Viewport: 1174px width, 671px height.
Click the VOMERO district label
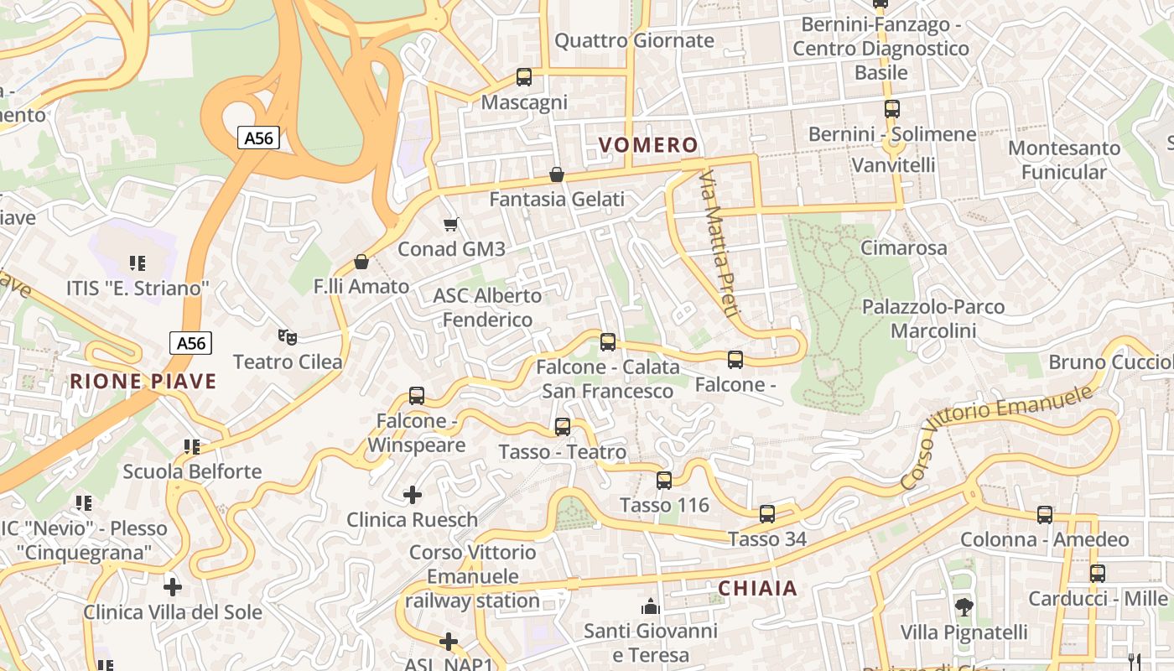coord(649,145)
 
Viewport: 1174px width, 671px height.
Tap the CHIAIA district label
coord(758,589)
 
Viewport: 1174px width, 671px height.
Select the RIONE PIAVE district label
coord(143,382)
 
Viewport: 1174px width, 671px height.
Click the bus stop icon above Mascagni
coord(524,77)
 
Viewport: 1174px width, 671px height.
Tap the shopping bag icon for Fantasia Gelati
coord(556,174)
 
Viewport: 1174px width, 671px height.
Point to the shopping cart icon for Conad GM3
coord(451,224)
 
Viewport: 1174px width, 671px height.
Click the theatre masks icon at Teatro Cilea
coord(288,337)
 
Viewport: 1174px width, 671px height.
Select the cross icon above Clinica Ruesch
coord(413,495)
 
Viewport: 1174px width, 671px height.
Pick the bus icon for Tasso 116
coord(664,481)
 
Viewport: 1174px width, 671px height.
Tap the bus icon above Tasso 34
coord(767,514)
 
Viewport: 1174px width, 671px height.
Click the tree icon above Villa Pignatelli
coord(964,606)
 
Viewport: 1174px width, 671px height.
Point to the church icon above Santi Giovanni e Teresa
coord(650,606)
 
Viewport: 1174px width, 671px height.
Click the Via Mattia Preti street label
coord(719,243)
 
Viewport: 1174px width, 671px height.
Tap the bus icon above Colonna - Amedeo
coord(1045,515)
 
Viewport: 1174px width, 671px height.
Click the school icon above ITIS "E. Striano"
coord(138,263)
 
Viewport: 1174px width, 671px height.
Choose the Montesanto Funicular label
coord(1064,160)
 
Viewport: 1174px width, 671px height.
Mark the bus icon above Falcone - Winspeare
coord(417,396)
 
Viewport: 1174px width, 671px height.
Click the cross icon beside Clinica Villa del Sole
coord(173,587)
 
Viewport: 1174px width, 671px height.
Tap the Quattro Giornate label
coord(634,40)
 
